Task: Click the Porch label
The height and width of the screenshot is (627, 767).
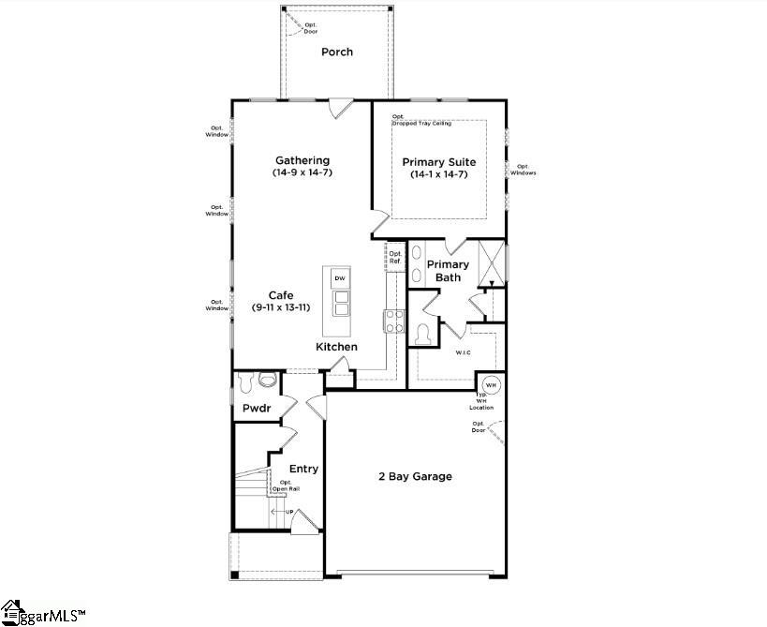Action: [337, 52]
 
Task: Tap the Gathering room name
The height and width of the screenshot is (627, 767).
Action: [302, 160]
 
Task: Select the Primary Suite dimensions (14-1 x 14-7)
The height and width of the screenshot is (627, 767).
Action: [438, 175]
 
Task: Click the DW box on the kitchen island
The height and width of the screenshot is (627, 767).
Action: [340, 278]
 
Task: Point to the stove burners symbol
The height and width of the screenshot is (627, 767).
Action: [393, 321]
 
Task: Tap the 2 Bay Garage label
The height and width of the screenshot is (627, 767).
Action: [415, 476]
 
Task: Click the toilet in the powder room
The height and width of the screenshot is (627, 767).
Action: [267, 381]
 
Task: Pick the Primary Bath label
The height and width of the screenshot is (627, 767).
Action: [449, 271]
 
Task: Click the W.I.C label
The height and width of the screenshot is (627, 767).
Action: [463, 353]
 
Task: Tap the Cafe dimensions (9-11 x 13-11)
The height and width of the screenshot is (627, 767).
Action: [281, 308]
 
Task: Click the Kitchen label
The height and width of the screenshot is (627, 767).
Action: [336, 347]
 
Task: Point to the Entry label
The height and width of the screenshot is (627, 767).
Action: [303, 469]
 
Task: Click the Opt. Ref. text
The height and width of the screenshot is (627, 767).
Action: [395, 257]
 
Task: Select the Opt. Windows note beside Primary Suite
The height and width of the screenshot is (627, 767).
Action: [523, 169]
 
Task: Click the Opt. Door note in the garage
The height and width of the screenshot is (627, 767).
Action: [479, 426]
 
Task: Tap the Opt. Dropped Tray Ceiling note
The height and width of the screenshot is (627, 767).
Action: [421, 120]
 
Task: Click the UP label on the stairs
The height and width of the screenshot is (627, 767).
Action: [289, 512]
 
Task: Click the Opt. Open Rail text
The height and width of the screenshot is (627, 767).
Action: [286, 485]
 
